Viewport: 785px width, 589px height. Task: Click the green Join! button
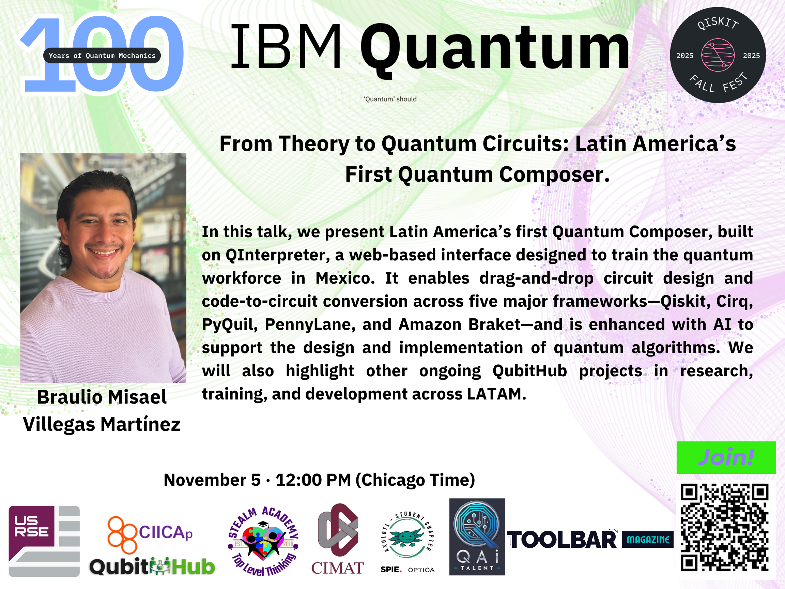click(726, 457)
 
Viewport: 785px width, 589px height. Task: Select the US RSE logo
click(44, 541)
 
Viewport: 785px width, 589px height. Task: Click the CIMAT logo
click(338, 539)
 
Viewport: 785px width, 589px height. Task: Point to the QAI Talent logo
click(477, 537)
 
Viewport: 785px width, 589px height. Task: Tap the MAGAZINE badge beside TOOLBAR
click(648, 540)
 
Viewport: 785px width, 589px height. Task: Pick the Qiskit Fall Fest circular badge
click(718, 55)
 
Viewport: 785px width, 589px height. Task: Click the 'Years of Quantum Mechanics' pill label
click(102, 55)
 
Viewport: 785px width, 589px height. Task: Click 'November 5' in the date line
click(212, 480)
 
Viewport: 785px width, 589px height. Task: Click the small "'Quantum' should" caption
click(390, 99)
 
